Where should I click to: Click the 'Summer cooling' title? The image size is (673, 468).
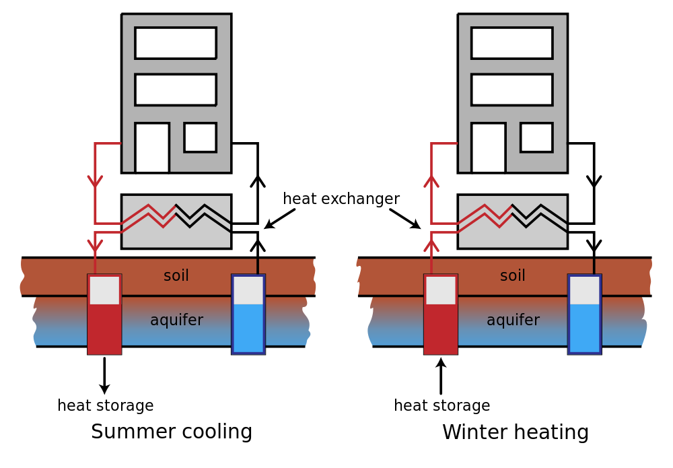point(171,432)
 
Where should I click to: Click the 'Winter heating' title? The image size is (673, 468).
point(515,432)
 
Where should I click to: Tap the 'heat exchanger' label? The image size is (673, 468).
point(341,199)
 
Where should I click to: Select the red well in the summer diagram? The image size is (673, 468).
point(104,314)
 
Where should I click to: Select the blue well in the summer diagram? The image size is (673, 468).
point(248,314)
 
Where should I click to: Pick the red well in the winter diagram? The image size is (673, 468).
point(441,314)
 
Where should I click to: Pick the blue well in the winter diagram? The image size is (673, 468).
point(585,314)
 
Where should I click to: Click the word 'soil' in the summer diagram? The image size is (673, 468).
point(176,275)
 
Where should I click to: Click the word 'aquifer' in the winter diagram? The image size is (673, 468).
point(513,320)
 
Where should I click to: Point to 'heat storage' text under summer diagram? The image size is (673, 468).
point(106,405)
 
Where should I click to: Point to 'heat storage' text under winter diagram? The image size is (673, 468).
point(442,405)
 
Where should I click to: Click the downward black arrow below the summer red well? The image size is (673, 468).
point(104,376)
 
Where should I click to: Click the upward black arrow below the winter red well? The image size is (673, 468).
point(441,376)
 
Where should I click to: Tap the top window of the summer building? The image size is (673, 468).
point(176,43)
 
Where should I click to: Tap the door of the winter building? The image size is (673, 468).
point(489,147)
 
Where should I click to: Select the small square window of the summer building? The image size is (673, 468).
point(200,137)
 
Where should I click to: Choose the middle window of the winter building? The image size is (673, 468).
point(511,90)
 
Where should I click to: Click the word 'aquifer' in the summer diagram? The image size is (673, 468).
point(176,320)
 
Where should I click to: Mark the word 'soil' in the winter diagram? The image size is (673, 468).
point(512,275)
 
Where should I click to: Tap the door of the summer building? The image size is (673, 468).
point(152,147)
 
